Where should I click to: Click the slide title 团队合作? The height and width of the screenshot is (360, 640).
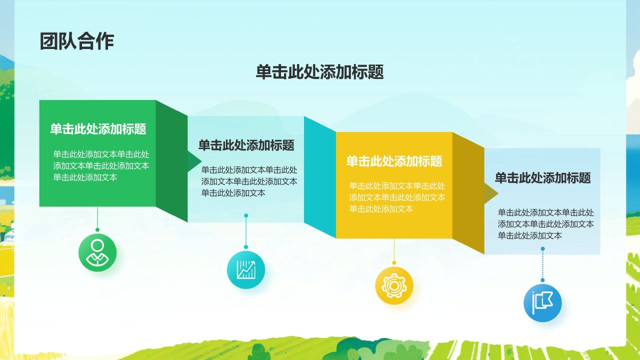click(x=77, y=41)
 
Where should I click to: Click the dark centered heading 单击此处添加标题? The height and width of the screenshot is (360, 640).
click(x=319, y=72)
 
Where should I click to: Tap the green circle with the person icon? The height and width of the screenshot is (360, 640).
click(x=97, y=252)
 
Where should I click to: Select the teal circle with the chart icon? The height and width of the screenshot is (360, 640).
click(x=246, y=270)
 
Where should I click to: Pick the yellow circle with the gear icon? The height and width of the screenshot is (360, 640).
click(x=394, y=285)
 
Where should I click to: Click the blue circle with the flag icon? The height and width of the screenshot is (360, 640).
click(x=542, y=302)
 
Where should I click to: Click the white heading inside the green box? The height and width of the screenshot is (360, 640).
click(x=98, y=129)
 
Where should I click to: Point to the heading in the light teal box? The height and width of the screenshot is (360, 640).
click(x=246, y=145)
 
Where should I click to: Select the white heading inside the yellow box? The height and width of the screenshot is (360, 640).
click(x=394, y=161)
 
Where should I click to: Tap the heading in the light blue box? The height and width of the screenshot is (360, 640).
click(x=542, y=177)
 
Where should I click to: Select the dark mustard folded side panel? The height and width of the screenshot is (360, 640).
click(x=468, y=193)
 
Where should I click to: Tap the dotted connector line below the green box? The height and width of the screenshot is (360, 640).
click(x=97, y=218)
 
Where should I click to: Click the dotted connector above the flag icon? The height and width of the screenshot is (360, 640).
click(x=542, y=265)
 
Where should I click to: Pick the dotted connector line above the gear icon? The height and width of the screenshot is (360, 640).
click(x=394, y=250)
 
